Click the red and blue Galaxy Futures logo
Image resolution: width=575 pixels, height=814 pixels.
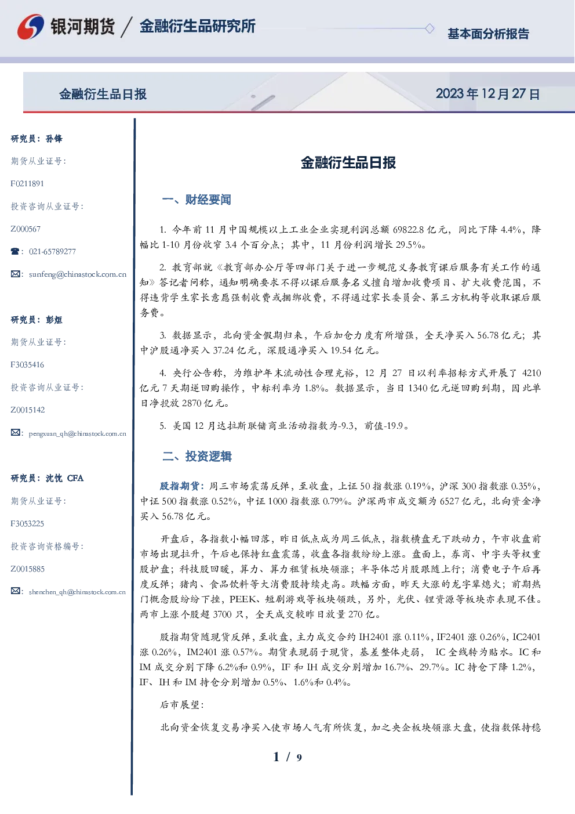tap(31, 27)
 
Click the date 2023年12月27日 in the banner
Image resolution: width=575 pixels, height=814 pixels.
tap(487, 94)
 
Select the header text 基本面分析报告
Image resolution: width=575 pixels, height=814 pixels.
tap(488, 34)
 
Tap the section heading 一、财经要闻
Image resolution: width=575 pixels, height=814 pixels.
tap(196, 200)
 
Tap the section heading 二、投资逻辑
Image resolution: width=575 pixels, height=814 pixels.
tap(196, 457)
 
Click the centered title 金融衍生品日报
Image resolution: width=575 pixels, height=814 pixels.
tap(348, 163)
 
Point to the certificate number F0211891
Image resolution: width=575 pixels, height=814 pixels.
tap(27, 183)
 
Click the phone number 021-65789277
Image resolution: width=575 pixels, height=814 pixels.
tap(52, 251)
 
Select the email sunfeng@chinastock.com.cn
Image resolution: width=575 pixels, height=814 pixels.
tap(78, 274)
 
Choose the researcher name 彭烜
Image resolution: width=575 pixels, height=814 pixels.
tap(54, 320)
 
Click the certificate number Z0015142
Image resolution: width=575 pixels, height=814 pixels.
tap(28, 410)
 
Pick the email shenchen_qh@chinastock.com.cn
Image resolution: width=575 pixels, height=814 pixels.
tap(77, 592)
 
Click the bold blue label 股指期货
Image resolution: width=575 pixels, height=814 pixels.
tap(180, 486)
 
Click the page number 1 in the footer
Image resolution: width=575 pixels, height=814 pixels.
tap(276, 757)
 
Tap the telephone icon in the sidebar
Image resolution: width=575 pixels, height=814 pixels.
tap(15, 251)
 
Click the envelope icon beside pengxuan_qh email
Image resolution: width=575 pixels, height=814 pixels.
tap(15, 432)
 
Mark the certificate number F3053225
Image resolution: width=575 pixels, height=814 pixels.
tap(27, 524)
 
